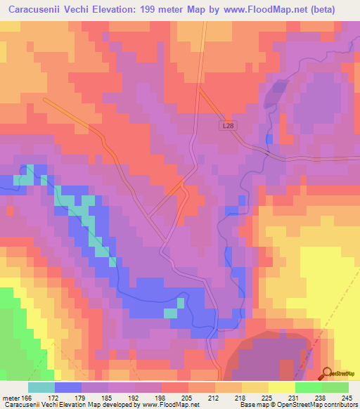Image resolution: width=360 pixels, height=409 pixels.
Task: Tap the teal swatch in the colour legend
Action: [41, 387]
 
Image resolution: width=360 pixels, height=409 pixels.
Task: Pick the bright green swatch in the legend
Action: [308, 387]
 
